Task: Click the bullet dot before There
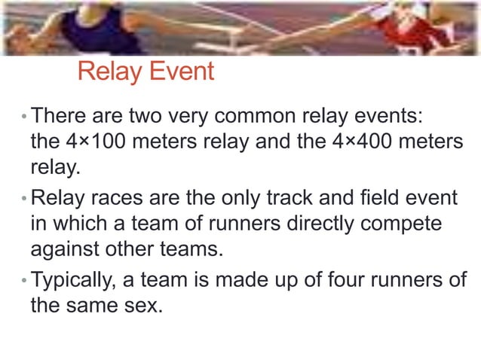click(25, 118)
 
